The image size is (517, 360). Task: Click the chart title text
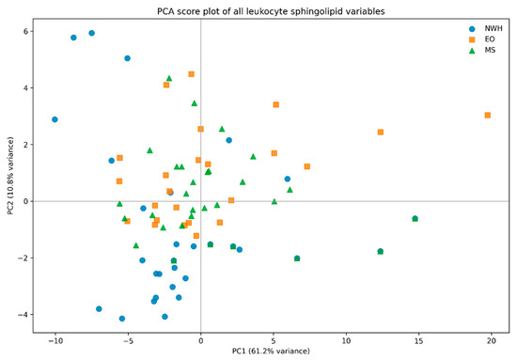[271, 11]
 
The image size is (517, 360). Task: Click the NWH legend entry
[486, 29]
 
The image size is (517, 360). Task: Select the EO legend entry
[482, 39]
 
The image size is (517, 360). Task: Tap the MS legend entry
[483, 51]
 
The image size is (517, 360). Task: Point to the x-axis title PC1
[271, 351]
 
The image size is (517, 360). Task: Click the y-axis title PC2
[10, 176]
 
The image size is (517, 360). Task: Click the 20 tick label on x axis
[492, 341]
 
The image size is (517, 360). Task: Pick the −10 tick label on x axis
[55, 341]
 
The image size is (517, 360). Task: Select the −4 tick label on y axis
[23, 315]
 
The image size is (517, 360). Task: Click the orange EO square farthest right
[487, 115]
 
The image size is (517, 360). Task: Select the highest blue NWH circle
[92, 33]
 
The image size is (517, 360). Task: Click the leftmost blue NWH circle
[55, 119]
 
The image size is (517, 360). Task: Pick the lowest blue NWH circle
[122, 319]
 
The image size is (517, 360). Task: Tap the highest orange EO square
[191, 74]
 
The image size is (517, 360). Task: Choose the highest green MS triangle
[169, 78]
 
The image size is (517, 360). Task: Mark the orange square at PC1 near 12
[381, 133]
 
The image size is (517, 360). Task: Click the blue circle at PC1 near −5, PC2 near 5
[127, 58]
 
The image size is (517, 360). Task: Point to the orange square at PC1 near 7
[307, 166]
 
